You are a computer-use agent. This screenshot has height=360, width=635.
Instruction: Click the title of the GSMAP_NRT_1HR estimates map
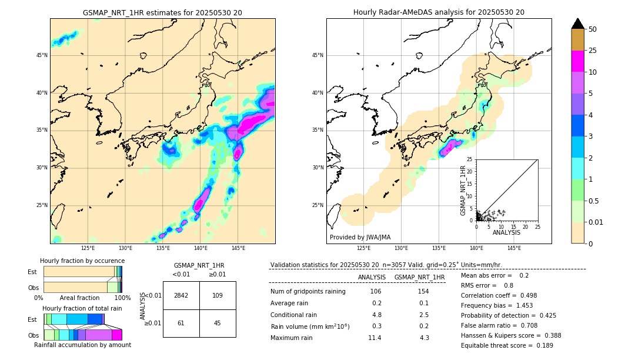[162, 12]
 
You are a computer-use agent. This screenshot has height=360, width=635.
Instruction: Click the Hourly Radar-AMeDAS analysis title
[439, 12]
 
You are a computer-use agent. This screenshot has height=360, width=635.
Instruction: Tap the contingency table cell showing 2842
[181, 295]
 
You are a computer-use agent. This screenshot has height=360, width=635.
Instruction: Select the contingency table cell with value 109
[218, 295]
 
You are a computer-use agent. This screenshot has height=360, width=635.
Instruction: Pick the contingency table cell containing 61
[181, 323]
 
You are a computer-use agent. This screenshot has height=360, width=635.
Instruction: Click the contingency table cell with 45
[218, 323]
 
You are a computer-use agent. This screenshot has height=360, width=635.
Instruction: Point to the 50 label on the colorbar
[593, 29]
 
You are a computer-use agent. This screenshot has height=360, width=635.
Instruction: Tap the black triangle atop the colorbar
[578, 24]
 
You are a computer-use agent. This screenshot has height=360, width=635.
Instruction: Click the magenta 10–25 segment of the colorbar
[578, 62]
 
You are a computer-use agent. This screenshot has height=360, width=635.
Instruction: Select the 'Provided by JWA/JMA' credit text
[360, 238]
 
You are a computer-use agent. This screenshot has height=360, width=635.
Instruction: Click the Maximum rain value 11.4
[375, 338]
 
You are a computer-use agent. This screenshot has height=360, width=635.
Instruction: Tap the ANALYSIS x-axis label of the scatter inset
[507, 232]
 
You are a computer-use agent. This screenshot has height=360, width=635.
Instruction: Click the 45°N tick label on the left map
[42, 55]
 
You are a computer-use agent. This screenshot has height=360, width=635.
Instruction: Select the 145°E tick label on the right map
[514, 248]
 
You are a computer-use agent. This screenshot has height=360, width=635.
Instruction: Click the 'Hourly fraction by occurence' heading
[82, 261]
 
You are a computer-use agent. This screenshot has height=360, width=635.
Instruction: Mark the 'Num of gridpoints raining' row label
[308, 292]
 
